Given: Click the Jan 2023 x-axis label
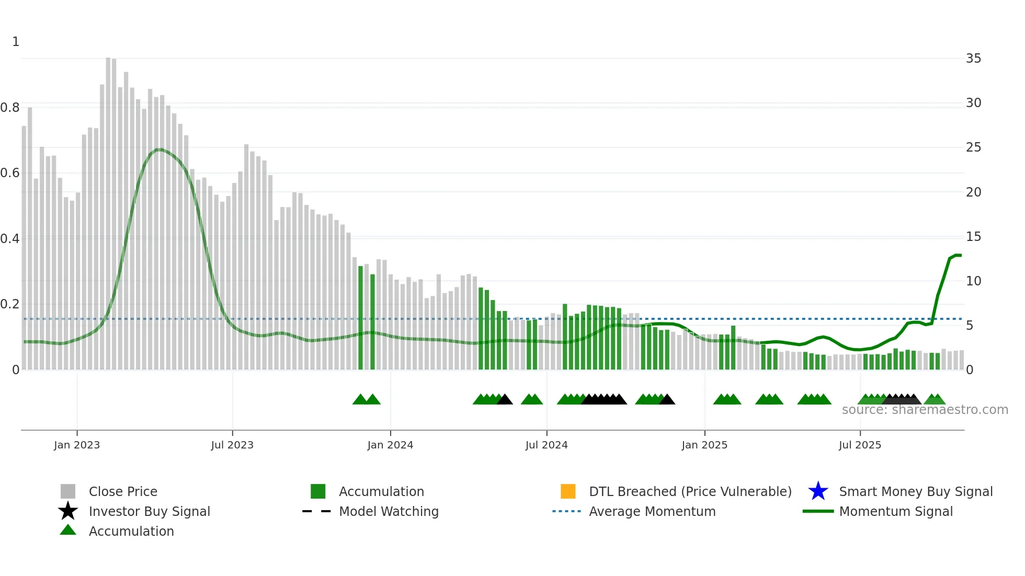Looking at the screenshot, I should (x=76, y=445).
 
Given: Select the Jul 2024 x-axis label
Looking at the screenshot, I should (x=546, y=445).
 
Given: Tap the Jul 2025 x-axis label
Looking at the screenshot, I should (x=860, y=445).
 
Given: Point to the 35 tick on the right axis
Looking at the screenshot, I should (x=973, y=59).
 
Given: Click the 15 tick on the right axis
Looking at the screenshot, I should (x=973, y=237).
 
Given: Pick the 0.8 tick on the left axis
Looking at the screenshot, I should (x=10, y=108).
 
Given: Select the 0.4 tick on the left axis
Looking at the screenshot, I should (x=10, y=239).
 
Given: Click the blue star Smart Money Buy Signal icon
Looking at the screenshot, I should (x=818, y=491).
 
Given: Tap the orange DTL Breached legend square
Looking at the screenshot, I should (x=568, y=491).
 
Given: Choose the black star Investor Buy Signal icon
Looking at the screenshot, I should (x=68, y=511).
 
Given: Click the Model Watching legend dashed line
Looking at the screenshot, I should (x=317, y=511).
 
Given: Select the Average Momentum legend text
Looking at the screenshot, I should (x=652, y=511).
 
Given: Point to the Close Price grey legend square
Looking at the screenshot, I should (x=68, y=491).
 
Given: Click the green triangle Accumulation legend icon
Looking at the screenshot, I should (x=68, y=530).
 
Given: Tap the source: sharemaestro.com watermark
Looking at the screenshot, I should (x=925, y=410).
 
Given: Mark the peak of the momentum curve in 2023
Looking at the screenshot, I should (x=159, y=149).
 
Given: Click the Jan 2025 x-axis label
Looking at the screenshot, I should (x=704, y=445).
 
